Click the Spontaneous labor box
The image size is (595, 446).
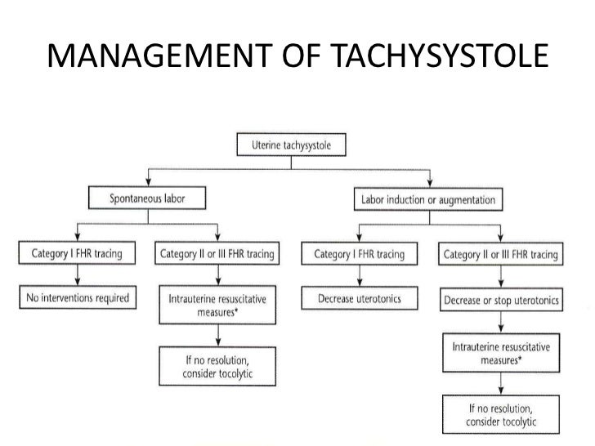[147, 198]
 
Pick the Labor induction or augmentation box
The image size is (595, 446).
[428, 198]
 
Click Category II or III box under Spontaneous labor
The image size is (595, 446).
[216, 254]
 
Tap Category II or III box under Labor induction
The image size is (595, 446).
[501, 254]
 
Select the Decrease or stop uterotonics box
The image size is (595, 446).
[501, 300]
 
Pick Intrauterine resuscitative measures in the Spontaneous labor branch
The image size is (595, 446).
[217, 306]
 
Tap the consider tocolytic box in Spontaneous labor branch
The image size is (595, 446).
[217, 367]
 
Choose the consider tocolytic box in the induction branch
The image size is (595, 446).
[501, 414]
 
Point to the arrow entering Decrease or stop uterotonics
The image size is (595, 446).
[501, 282]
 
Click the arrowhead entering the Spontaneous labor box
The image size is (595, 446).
[147, 182]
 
